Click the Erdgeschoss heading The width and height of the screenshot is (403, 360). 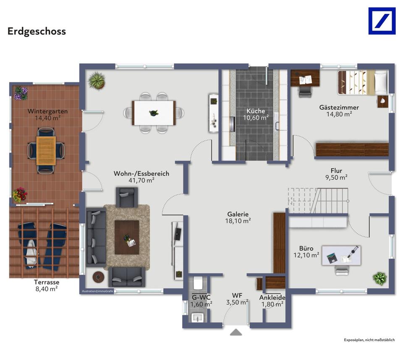point(37,32)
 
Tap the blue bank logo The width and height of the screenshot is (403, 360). point(382,21)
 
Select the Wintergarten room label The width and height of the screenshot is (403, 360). point(47,111)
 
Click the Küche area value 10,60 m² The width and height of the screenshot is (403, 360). point(256,118)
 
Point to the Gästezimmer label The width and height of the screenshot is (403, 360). point(339,107)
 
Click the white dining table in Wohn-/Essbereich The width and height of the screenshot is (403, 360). point(154,113)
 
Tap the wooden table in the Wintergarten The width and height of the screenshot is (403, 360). point(46,151)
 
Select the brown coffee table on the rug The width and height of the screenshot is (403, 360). point(127,237)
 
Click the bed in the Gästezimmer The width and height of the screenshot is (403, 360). point(363,82)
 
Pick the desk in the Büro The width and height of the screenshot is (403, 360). point(341,255)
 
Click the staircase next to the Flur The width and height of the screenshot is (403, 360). point(318,200)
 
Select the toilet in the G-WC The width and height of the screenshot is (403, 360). point(198,283)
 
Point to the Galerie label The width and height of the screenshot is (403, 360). point(238,214)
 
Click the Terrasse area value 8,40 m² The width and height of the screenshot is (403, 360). point(47,289)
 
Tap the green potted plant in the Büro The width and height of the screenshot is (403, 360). point(379,279)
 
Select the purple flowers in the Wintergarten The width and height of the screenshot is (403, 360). point(21,93)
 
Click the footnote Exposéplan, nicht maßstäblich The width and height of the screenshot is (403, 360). point(369,340)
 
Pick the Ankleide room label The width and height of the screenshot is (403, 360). point(272,297)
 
